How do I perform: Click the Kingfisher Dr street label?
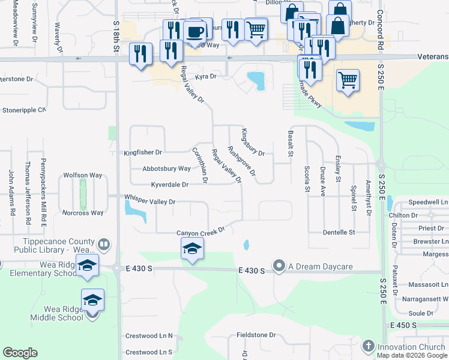click(x=143, y=153)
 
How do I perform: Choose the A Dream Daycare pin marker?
click(x=279, y=265)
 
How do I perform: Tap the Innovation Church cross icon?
click(x=369, y=346)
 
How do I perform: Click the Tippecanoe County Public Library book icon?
click(x=104, y=244)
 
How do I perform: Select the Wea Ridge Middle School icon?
click(x=93, y=299)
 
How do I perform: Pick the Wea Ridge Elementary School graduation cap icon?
click(x=87, y=265)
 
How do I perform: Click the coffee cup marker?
click(x=194, y=31)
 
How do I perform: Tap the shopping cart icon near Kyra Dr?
click(x=348, y=79)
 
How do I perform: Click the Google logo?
click(x=20, y=353)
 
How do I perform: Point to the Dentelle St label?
click(x=339, y=232)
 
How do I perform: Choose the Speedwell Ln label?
click(x=429, y=203)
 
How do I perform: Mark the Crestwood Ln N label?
click(x=148, y=336)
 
